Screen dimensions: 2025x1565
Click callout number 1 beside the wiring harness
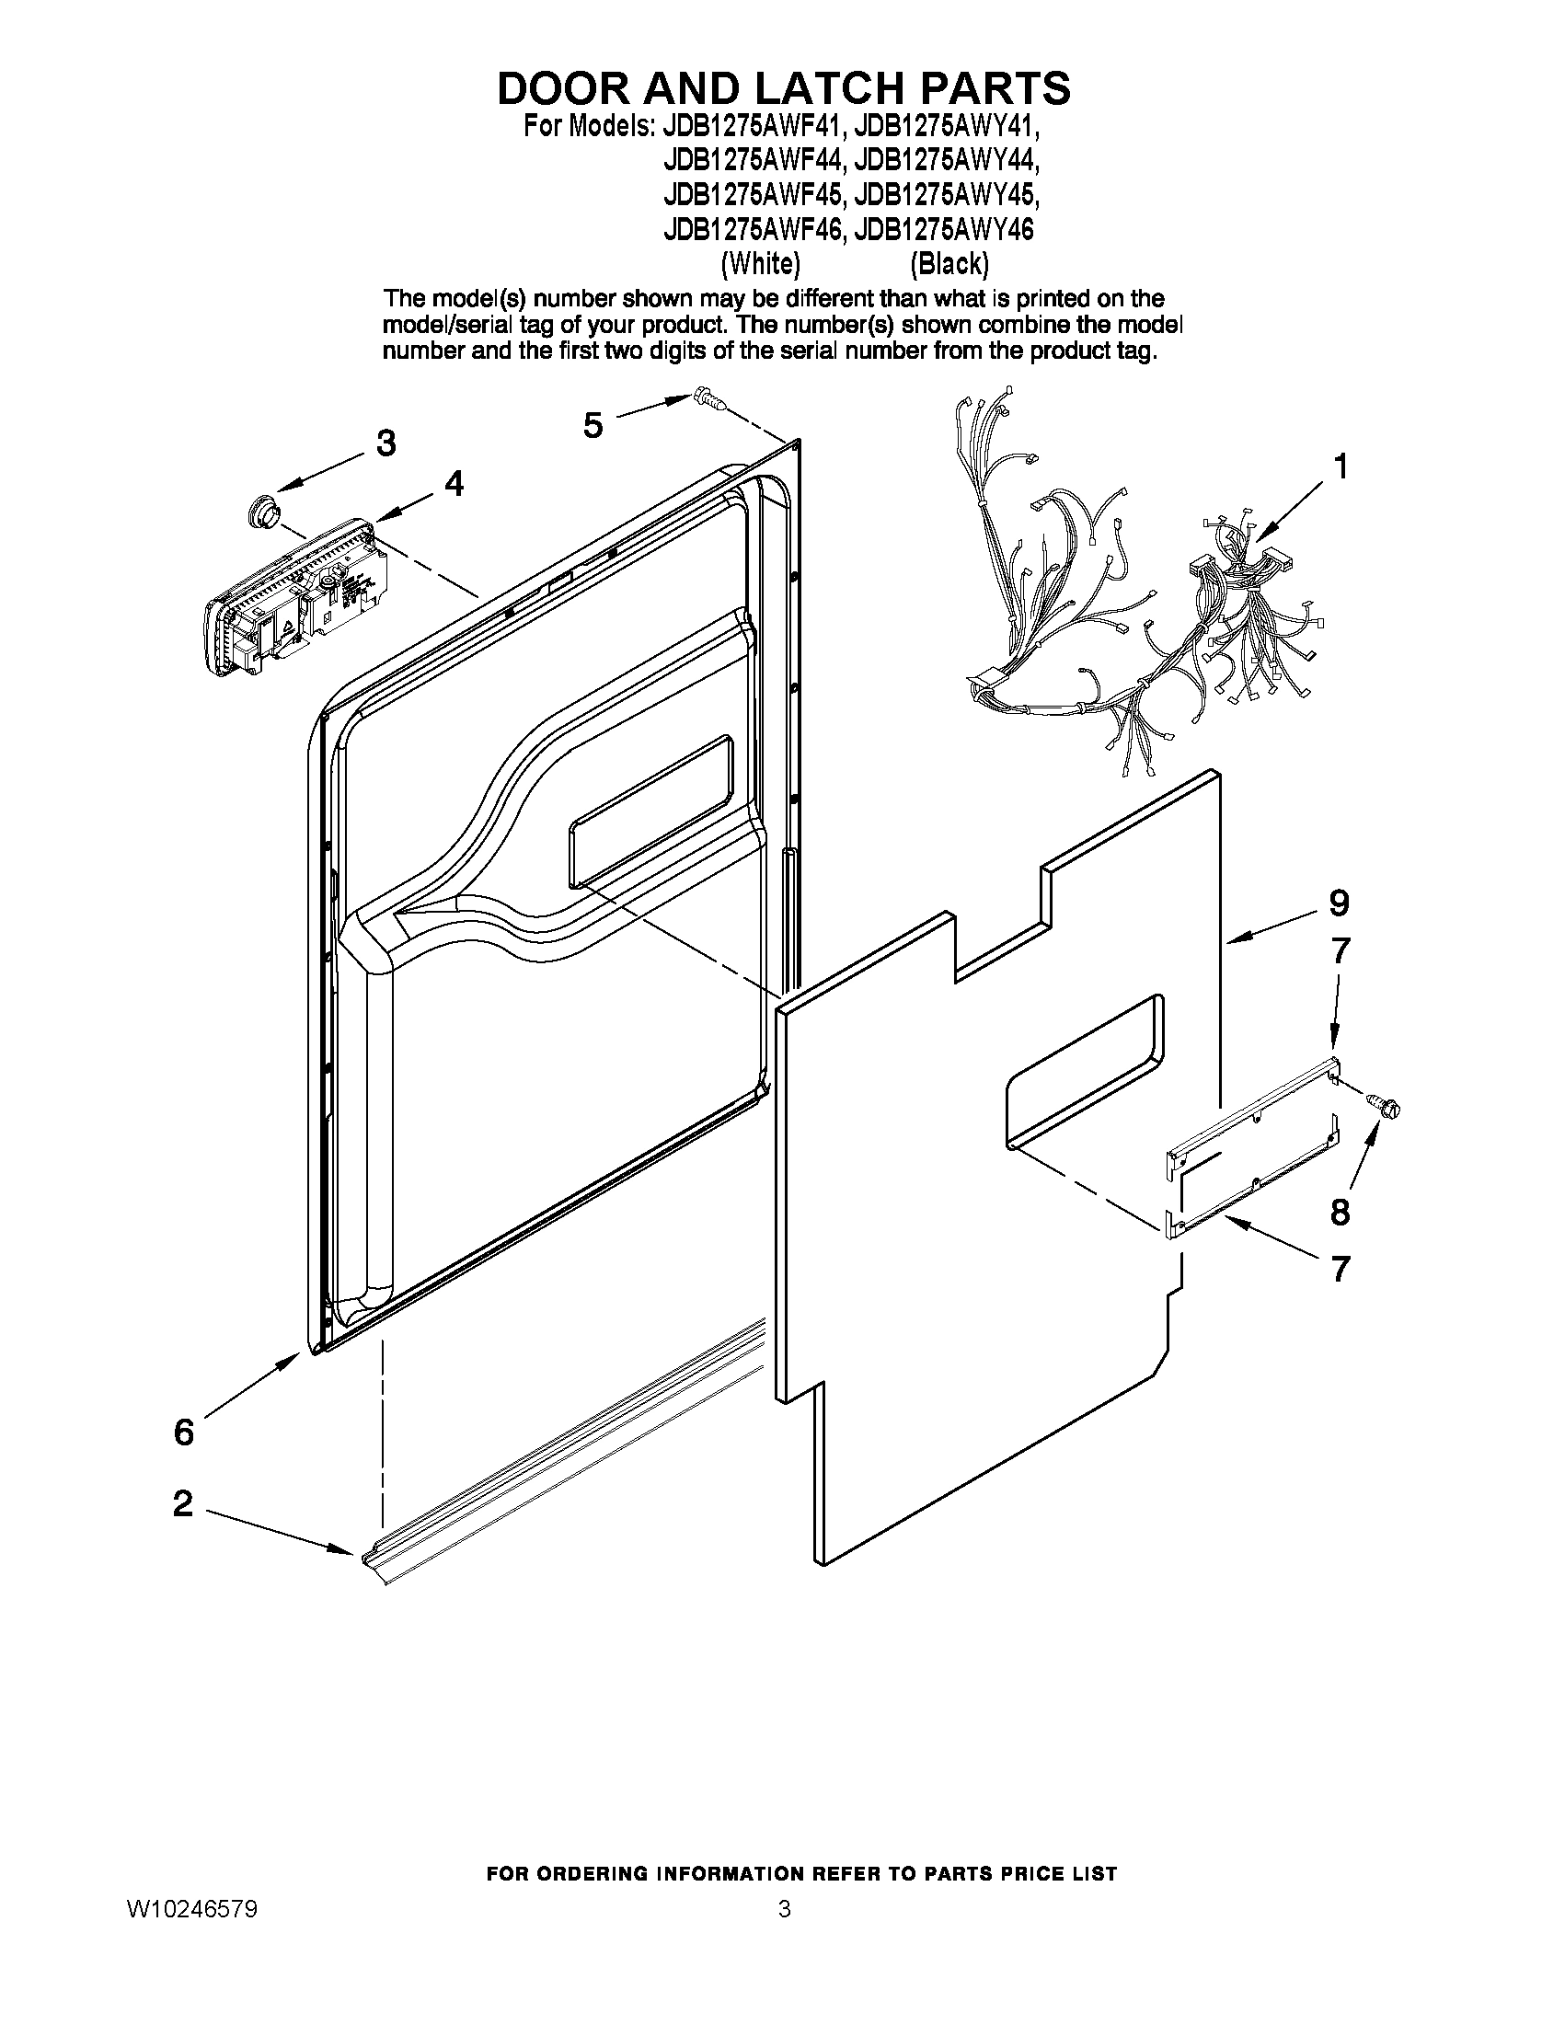[1340, 467]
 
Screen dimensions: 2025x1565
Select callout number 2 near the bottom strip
[183, 1503]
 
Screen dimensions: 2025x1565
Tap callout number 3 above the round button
[385, 443]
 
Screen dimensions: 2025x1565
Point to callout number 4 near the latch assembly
[454, 483]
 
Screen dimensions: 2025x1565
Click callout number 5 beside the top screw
[593, 425]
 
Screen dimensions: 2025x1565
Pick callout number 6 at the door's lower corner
[185, 1432]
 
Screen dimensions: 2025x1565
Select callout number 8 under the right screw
[1340, 1212]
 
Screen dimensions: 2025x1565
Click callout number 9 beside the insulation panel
[1338, 902]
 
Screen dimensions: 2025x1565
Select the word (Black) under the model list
[949, 264]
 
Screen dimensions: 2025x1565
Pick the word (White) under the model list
[759, 264]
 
